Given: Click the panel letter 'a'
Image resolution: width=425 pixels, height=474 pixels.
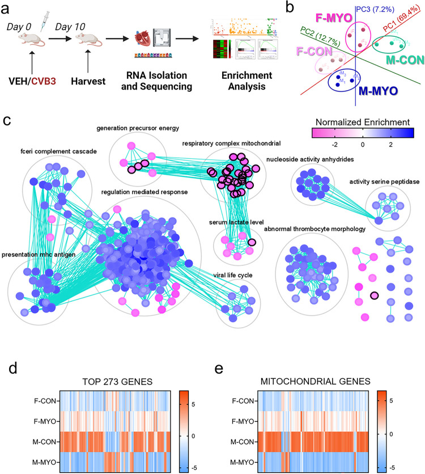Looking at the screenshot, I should [8, 10].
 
